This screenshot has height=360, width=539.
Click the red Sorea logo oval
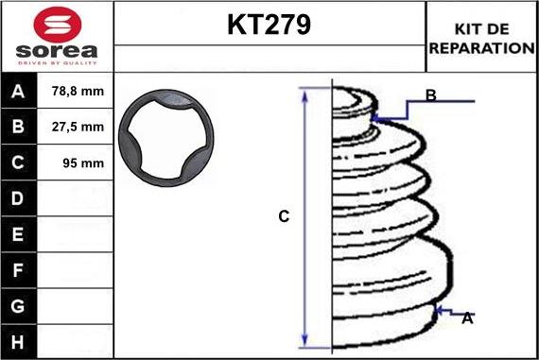click(x=58, y=25)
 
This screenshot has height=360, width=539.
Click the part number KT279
click(x=269, y=25)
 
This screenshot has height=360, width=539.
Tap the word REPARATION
click(x=482, y=48)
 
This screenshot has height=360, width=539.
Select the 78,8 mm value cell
click(x=75, y=91)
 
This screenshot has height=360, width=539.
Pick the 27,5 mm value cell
click(x=75, y=127)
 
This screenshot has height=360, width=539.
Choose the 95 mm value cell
click(x=75, y=163)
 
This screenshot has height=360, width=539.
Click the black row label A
click(x=19, y=91)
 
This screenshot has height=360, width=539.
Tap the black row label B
click(x=19, y=127)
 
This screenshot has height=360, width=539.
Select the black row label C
click(x=19, y=163)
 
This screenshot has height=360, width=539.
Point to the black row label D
click(x=19, y=198)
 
